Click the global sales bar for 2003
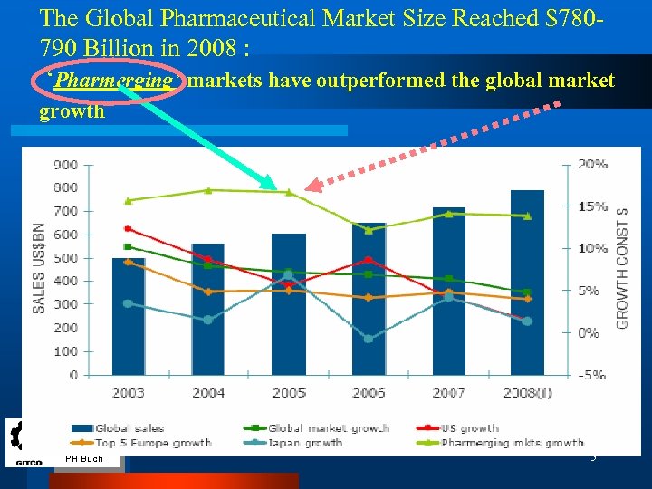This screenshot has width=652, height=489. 128,317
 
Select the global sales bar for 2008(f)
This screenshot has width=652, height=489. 527,283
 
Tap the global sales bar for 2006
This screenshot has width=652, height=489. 369,299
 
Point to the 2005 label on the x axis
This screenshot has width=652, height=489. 288,393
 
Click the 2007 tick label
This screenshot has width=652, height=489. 448,393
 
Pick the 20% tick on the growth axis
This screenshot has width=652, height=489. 592,165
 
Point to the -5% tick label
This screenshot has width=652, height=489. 592,375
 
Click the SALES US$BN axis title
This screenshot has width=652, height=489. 39,267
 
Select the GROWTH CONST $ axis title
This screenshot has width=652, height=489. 623,268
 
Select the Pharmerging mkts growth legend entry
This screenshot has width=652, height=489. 512,443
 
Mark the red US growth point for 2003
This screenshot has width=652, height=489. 128,229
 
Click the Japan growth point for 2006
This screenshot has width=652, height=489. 369,339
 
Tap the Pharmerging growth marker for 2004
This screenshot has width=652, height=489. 208,190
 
